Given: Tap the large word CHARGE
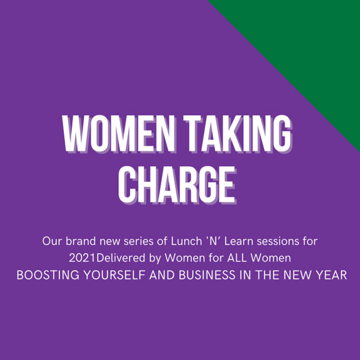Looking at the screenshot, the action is (177, 185).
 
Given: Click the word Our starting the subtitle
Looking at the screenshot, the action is (52, 241).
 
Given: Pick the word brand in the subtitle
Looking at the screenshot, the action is (81, 241).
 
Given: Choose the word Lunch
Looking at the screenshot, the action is (186, 241).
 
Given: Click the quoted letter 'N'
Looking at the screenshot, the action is (213, 241).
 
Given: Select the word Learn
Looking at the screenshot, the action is (238, 241).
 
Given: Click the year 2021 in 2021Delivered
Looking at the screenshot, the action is (82, 258).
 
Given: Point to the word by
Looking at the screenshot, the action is (154, 259).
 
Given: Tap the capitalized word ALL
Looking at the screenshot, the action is (237, 258).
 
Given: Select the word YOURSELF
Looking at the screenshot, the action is (114, 275).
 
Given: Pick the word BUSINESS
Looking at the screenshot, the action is (207, 275).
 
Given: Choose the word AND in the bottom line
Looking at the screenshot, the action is (162, 275).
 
